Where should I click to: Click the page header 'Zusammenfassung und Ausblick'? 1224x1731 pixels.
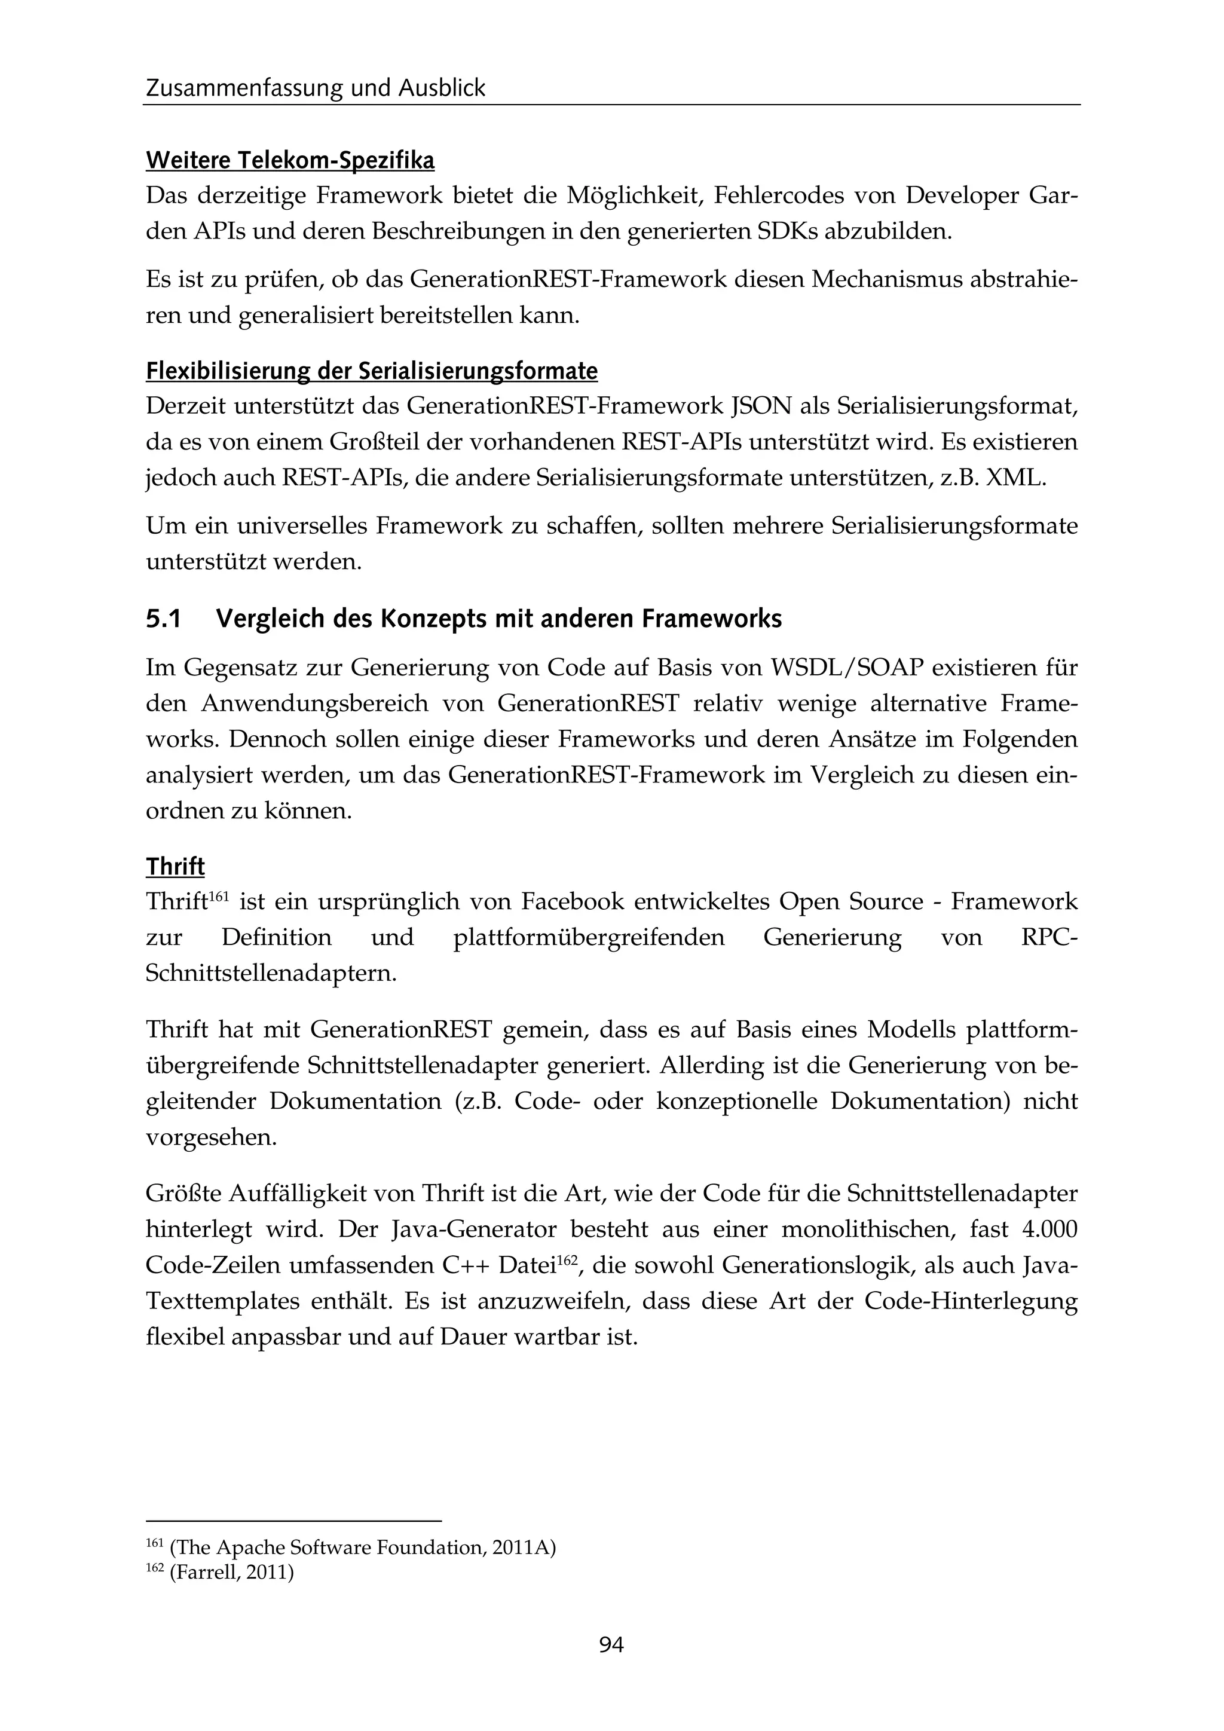point(316,89)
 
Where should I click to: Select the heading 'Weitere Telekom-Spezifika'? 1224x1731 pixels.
point(290,161)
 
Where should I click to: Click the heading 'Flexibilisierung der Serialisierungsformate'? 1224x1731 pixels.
point(372,371)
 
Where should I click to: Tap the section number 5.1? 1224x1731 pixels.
point(164,619)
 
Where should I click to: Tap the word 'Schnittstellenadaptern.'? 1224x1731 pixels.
point(271,973)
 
